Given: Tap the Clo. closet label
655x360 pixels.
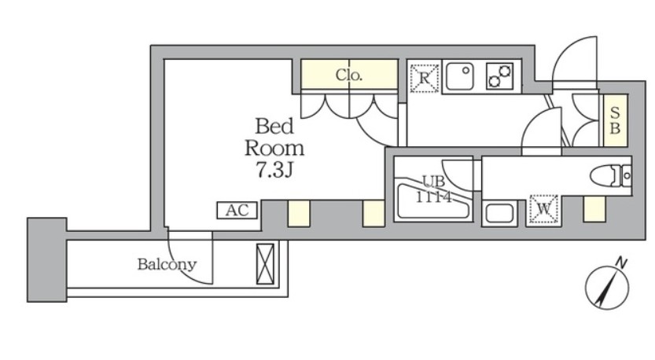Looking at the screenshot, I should (348, 76).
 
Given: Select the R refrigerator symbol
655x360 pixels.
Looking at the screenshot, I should (424, 78).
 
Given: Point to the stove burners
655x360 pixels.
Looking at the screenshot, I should (499, 77).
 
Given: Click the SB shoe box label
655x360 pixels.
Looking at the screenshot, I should (615, 120).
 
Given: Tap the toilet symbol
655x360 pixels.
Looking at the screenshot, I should (609, 175).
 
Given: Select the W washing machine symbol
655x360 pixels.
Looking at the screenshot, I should (543, 210).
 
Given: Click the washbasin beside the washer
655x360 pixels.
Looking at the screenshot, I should (499, 212).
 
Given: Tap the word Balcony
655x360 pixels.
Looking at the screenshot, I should (167, 265).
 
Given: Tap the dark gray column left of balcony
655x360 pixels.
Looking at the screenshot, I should (46, 259).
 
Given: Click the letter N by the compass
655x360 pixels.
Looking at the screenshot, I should (620, 263).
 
